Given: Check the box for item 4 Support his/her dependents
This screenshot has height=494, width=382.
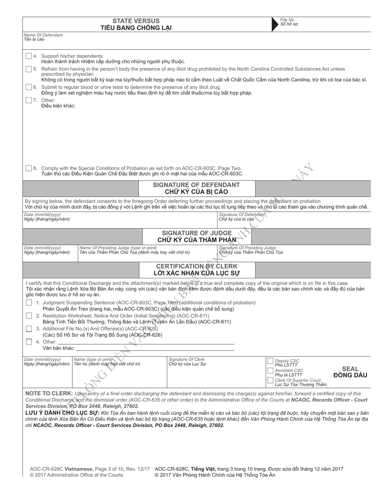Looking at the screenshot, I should (x=29, y=56).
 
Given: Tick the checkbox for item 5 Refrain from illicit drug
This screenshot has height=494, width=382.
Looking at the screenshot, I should (x=29, y=69).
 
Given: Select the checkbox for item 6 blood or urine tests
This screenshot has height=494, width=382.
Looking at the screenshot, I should (x=29, y=87).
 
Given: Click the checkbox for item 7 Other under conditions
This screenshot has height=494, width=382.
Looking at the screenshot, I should (x=29, y=100).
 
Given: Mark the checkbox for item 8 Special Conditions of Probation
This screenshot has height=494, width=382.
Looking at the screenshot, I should (x=29, y=168).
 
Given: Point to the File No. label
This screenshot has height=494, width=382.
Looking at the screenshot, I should (x=288, y=20).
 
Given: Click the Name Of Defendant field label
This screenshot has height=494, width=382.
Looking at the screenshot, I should (x=43, y=35).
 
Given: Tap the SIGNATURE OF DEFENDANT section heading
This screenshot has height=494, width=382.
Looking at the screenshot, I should (x=196, y=185).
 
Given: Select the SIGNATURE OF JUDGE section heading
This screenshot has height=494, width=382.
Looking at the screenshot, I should (x=196, y=233).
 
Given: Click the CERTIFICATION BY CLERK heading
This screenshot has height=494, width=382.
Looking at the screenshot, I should (x=196, y=267).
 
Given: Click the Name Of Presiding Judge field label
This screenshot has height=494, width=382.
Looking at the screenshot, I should (x=118, y=248).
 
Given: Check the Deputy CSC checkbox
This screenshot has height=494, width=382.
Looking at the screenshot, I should (x=271, y=361).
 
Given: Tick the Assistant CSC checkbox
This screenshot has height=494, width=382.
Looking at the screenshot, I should (x=271, y=370).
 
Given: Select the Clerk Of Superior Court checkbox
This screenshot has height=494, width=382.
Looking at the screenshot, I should (x=271, y=380).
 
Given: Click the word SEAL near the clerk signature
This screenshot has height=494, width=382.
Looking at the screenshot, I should (x=350, y=369).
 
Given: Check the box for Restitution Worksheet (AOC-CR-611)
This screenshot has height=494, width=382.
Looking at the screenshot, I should (x=29, y=316).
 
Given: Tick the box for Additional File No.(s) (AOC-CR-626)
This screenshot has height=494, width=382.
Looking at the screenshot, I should (x=29, y=329).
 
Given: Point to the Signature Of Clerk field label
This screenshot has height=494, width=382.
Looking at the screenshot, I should (x=187, y=359).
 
